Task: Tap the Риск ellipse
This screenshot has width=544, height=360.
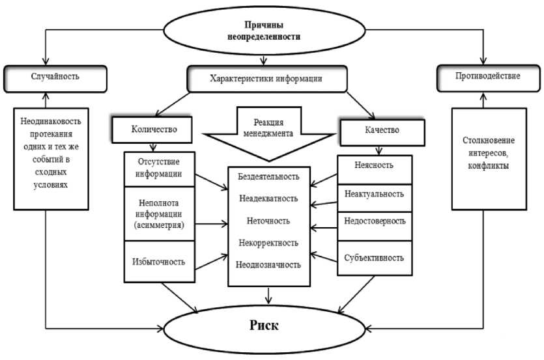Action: coord(265,325)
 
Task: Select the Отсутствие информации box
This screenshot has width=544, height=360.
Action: coord(160,168)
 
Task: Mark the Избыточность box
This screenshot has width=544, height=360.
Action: coord(160,262)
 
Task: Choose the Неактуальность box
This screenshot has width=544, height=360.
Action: coord(374,194)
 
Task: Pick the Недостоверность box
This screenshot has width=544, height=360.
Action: coord(374,221)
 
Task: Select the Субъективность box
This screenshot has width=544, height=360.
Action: coord(374,257)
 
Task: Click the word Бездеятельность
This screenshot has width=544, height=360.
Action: coord(269,176)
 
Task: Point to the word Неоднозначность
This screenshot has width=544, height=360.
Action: coord(269,265)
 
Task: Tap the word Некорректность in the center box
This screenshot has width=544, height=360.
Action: coord(269,243)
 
